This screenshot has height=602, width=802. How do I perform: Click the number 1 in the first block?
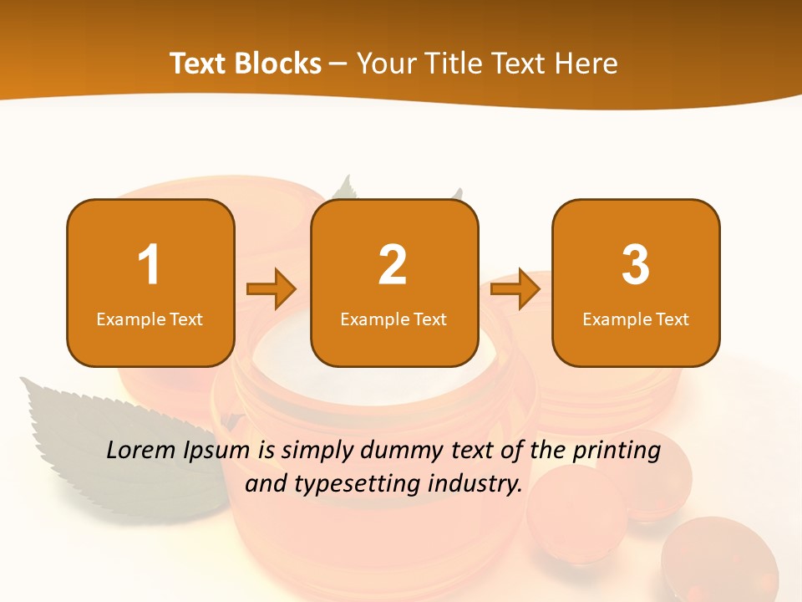coord(150,265)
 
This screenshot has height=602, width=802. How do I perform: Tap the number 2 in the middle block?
coord(393,265)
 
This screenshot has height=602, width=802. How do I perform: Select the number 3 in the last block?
coord(636,265)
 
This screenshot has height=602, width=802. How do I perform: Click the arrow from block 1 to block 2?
coord(272,289)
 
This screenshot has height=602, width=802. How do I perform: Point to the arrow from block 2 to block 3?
coord(515,289)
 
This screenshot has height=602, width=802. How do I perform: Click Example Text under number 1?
coord(150,319)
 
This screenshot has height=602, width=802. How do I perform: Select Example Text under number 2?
coord(393,319)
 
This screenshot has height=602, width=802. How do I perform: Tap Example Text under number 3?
coord(636,319)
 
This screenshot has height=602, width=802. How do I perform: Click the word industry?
coord(479,483)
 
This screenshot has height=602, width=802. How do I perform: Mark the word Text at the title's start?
coord(200,64)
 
